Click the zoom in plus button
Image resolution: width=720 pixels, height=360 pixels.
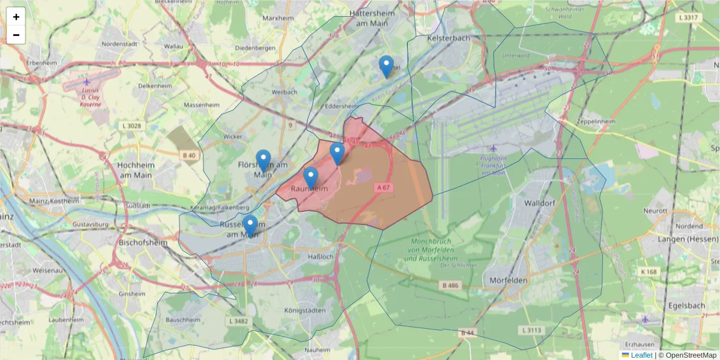coord(16,17)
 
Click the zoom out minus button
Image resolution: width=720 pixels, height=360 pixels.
coord(16,35)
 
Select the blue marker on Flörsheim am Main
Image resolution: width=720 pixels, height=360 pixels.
coord(263,160)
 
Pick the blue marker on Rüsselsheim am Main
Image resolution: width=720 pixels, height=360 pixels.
coord(250,226)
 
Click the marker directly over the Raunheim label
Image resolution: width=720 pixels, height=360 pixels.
coord(310,178)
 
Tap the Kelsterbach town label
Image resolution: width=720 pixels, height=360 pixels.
coord(449,38)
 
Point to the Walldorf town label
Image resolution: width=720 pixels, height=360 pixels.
coord(541,203)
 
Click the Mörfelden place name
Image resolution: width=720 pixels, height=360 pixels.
coord(508,280)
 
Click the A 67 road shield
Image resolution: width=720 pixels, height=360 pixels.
coord(384,188)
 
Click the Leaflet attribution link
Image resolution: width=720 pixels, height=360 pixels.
coord(641,355)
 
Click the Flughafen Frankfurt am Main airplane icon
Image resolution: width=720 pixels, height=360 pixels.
coord(493,148)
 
